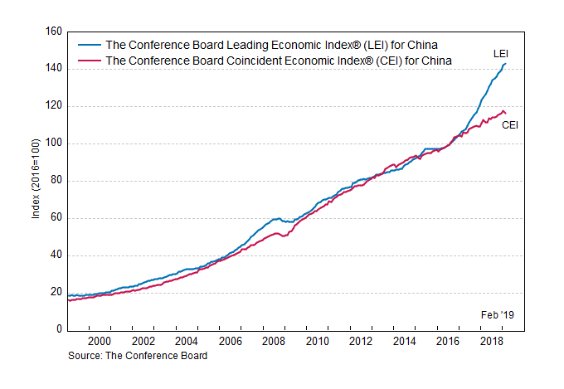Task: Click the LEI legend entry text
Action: (x=272, y=45)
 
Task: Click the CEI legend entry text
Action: (x=278, y=61)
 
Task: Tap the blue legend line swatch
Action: (x=89, y=45)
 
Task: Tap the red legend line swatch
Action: (x=89, y=61)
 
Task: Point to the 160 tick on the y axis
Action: (x=53, y=32)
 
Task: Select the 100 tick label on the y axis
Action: (x=53, y=143)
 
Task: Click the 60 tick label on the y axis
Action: (x=56, y=218)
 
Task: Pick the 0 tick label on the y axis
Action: (x=58, y=330)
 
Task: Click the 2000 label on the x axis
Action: (x=99, y=342)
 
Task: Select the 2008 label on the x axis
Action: (x=273, y=342)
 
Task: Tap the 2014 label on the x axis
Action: (x=403, y=342)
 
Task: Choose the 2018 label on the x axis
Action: (x=490, y=342)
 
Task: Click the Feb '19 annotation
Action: (x=498, y=315)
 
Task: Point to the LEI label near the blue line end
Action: (x=501, y=54)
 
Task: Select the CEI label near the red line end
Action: (x=510, y=125)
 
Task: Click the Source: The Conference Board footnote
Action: (x=138, y=355)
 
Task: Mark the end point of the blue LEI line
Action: (x=506, y=64)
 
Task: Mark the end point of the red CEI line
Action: (x=506, y=114)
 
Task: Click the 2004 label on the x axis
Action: (x=186, y=342)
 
